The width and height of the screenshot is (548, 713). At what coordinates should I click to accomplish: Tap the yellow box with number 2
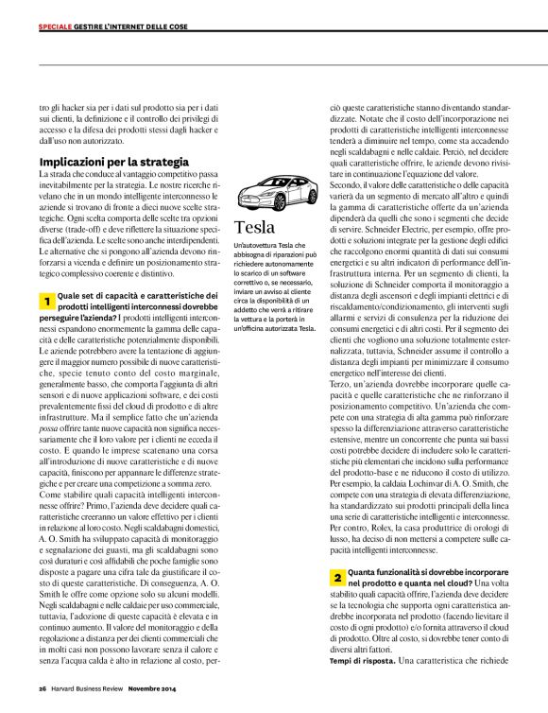336,576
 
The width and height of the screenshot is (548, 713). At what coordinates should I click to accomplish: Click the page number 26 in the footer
43,688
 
